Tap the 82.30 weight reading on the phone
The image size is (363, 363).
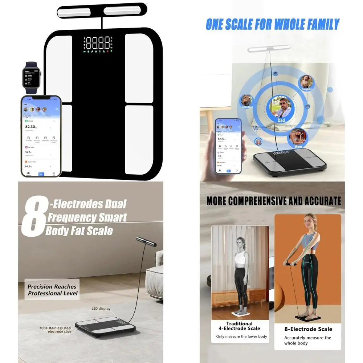pyautogui.click(x=30, y=126)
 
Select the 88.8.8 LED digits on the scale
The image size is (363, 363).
pyautogui.click(x=97, y=43)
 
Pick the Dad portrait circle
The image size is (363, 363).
pyautogui.click(x=281, y=107)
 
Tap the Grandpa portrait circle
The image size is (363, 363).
pyautogui.click(x=248, y=101)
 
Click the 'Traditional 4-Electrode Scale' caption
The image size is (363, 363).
pyautogui.click(x=239, y=326)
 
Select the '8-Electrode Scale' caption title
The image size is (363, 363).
pyautogui.click(x=307, y=329)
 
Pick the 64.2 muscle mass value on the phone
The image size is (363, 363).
pyautogui.click(x=28, y=166)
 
